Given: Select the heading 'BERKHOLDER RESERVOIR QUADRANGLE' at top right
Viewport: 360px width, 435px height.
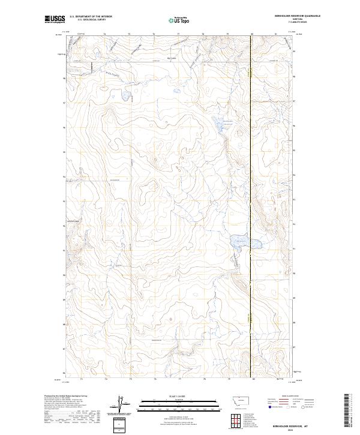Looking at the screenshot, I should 298,17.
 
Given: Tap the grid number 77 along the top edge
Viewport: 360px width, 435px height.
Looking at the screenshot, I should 179,34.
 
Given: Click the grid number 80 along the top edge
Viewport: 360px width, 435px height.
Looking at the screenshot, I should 252,34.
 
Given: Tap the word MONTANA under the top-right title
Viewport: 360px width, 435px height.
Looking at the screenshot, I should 298,20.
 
